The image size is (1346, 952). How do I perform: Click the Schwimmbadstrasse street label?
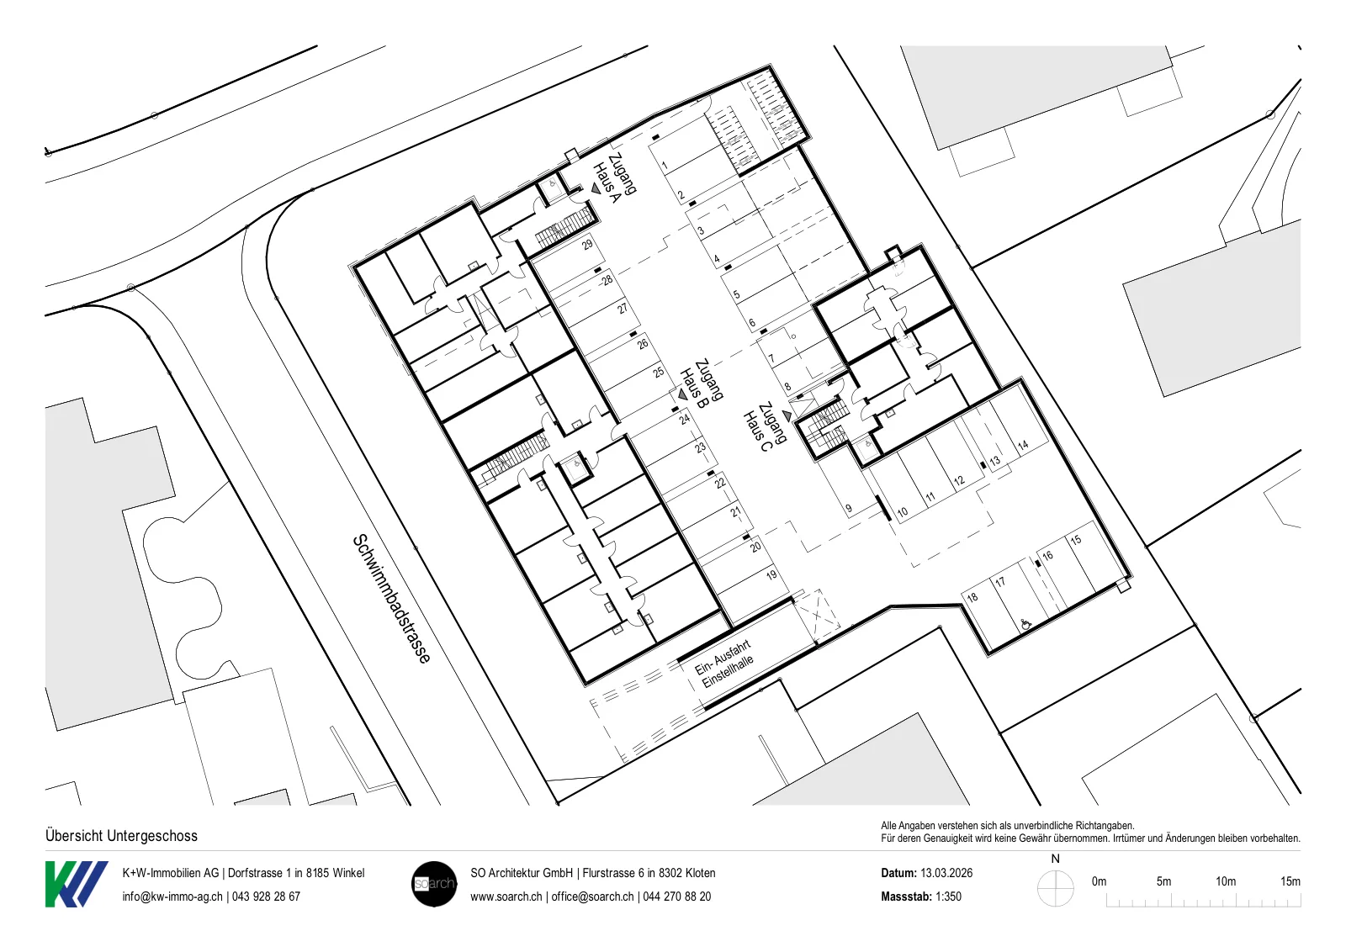[x=391, y=599]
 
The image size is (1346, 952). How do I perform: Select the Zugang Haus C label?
[x=765, y=427]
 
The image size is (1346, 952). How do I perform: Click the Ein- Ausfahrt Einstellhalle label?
[x=724, y=664]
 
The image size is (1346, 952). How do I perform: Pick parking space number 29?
[x=587, y=245]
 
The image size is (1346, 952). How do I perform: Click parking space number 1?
[x=665, y=165]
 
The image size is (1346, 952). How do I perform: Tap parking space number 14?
[x=1023, y=445]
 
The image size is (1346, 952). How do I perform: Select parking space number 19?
[x=771, y=574]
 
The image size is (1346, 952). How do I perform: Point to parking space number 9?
[x=849, y=508]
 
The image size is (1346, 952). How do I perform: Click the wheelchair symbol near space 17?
[x=1025, y=625]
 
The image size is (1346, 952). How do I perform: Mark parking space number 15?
[x=1076, y=539]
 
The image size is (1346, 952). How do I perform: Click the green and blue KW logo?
[x=77, y=884]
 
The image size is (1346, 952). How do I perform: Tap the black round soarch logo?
[x=434, y=884]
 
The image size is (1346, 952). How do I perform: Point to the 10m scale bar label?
[x=1226, y=881]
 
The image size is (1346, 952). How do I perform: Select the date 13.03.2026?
[x=946, y=873]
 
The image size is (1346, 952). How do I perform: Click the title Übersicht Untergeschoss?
[x=121, y=835]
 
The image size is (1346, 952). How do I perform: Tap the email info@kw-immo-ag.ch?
[x=172, y=896]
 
